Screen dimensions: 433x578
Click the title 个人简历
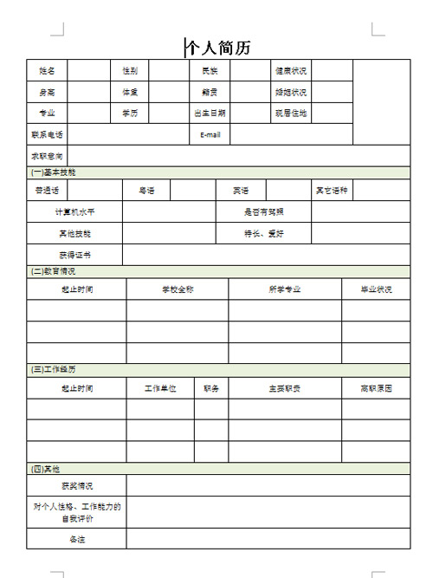point(219,48)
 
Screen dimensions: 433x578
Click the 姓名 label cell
point(47,71)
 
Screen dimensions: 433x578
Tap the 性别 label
point(130,71)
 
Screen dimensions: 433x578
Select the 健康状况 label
point(291,71)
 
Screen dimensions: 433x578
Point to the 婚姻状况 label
point(291,92)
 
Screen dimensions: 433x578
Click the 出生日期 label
point(210,114)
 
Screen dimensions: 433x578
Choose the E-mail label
point(210,134)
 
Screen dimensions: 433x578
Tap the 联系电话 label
point(47,134)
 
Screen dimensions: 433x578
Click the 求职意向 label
point(47,156)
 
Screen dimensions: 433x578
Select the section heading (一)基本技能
point(54,172)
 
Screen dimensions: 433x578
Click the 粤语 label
point(146,190)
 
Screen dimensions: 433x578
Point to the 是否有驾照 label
point(265,211)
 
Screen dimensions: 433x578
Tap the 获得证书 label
point(74,255)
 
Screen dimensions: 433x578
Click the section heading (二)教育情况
point(54,271)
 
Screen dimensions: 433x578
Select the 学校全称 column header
point(178,289)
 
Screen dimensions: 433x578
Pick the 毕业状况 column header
point(376,289)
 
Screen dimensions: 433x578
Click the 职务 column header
point(211,388)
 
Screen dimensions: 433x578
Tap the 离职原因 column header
point(376,388)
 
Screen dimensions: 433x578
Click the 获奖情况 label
point(77,486)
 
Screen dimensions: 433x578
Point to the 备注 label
point(77,539)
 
